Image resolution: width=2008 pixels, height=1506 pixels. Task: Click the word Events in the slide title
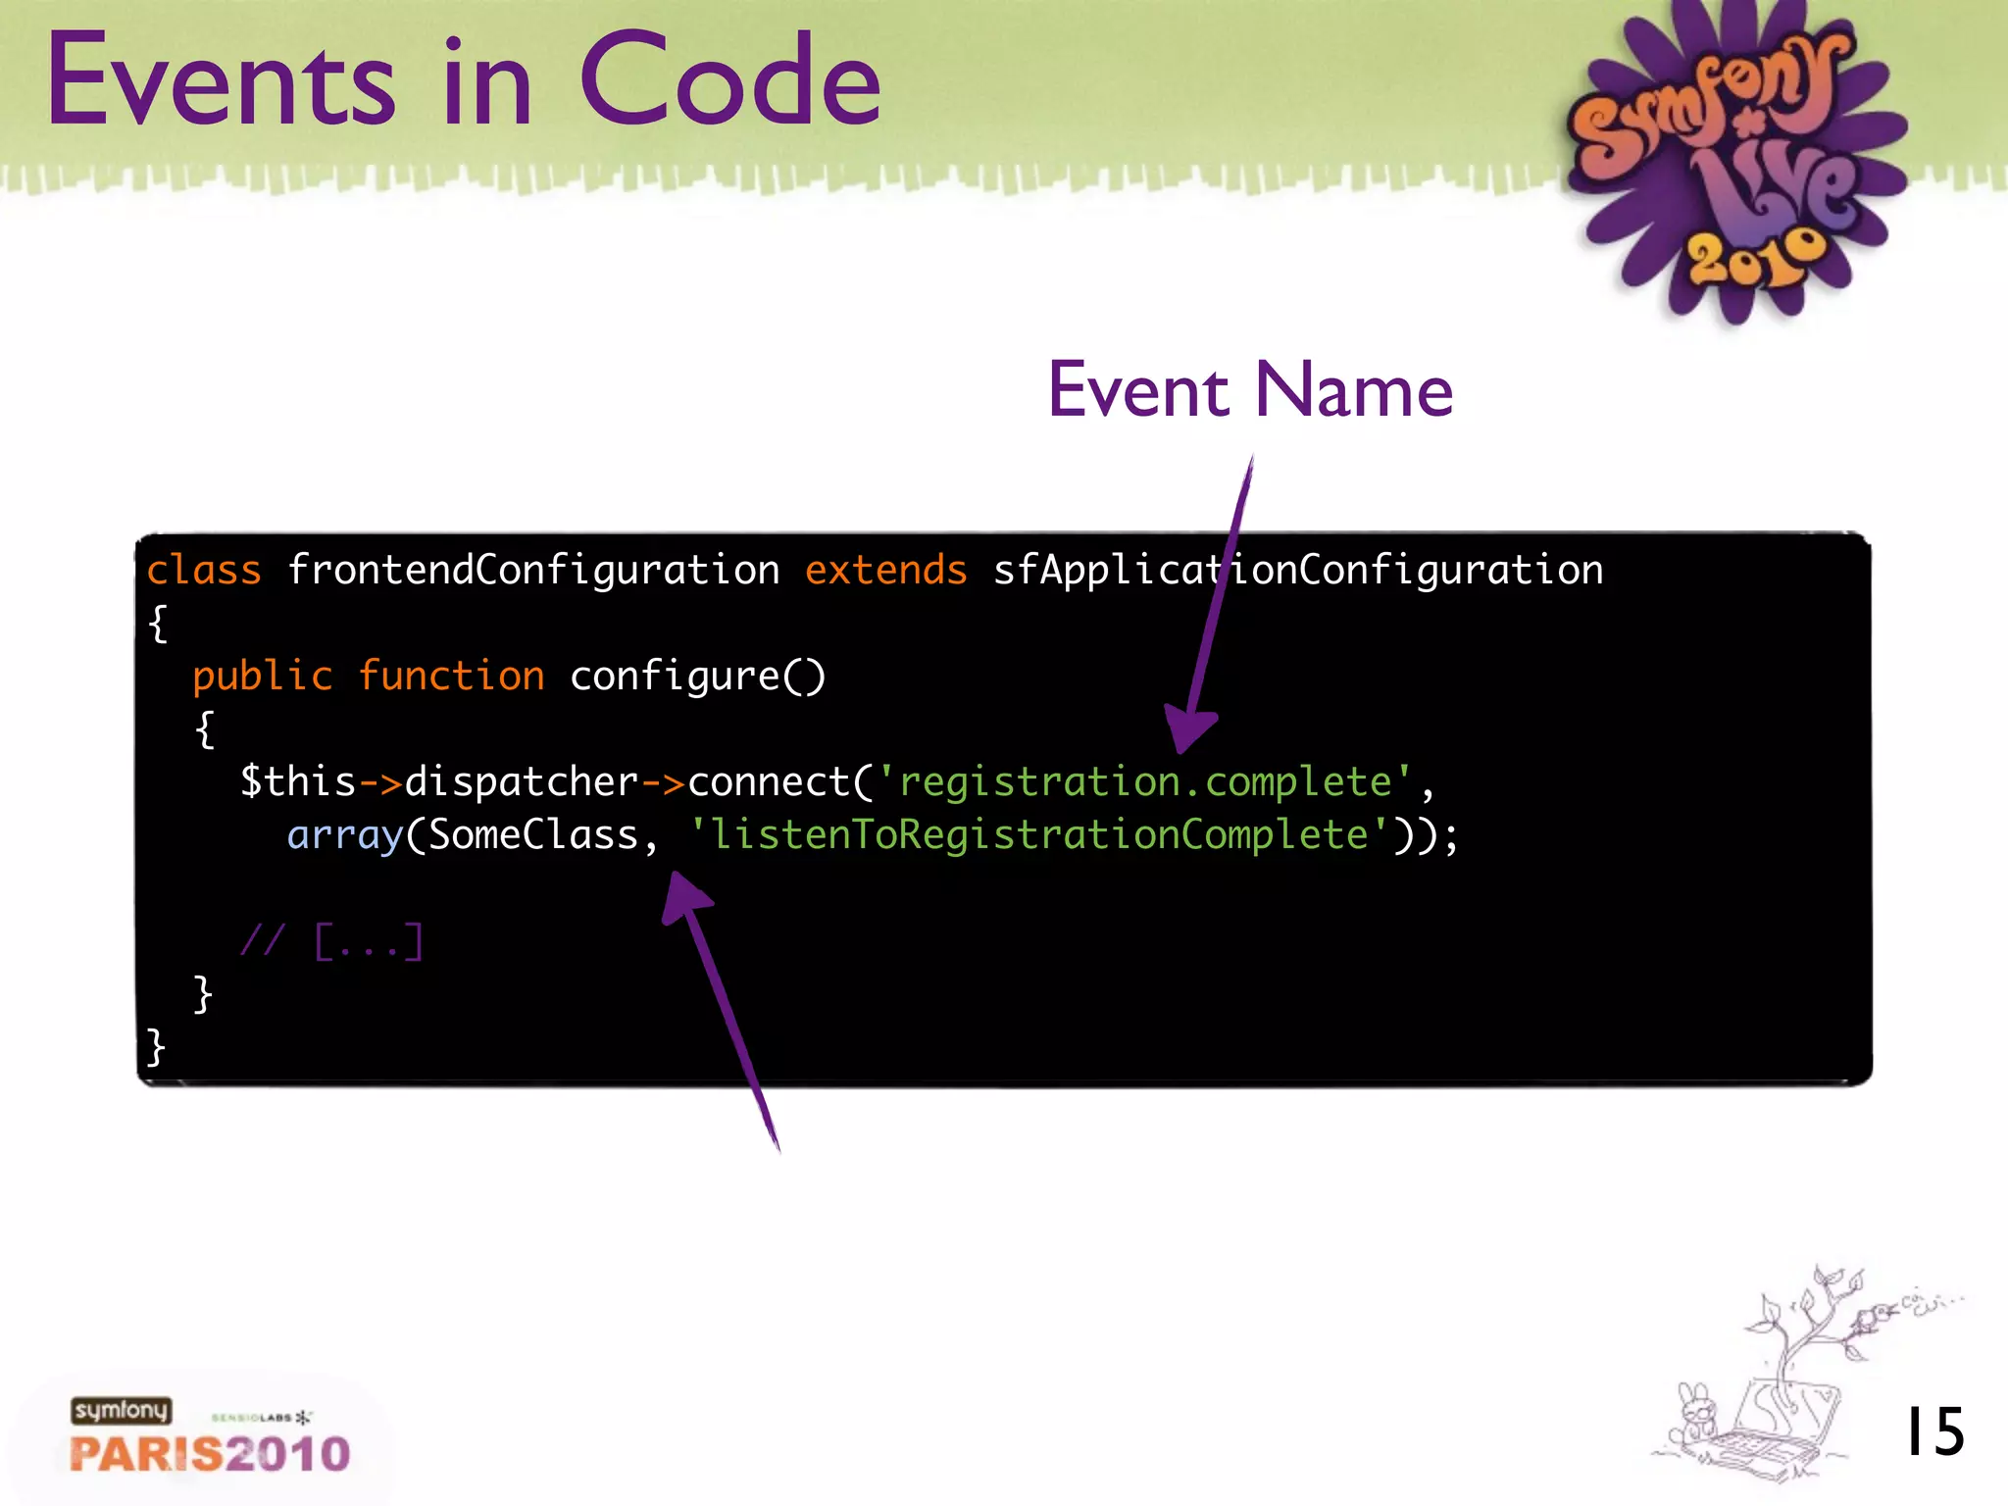click(221, 80)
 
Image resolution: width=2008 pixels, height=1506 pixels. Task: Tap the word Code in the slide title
click(730, 80)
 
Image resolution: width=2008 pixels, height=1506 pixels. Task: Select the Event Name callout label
click(1250, 390)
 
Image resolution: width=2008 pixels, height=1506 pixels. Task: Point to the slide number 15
click(1933, 1431)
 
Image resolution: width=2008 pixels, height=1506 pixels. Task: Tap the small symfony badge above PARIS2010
click(121, 1410)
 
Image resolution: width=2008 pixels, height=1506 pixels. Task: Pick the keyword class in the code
click(204, 570)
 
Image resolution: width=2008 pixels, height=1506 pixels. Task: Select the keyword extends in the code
click(885, 570)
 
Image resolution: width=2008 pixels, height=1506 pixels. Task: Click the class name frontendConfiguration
click(533, 570)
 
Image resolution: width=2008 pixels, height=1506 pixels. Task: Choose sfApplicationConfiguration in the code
click(1298, 570)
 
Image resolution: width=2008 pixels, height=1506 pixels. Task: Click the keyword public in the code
click(263, 676)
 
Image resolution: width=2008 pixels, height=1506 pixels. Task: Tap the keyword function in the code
click(451, 676)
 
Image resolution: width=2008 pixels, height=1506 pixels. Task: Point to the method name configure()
click(698, 676)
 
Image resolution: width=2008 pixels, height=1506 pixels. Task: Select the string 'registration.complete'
click(1145, 781)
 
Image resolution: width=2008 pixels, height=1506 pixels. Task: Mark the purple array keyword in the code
click(345, 834)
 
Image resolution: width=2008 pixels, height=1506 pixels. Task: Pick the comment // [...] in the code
click(331, 941)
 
